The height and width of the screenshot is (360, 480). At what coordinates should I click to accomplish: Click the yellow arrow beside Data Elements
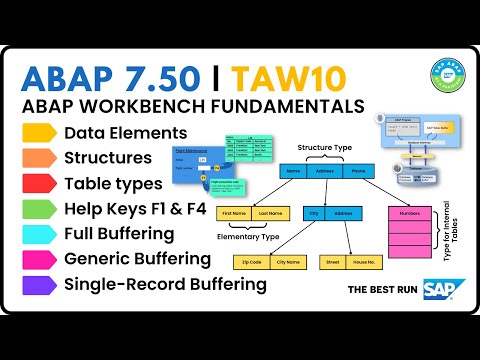click(x=38, y=131)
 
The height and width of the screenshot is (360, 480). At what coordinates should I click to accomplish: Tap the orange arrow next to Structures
click(x=38, y=157)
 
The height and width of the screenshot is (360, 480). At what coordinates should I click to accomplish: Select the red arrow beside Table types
click(x=38, y=182)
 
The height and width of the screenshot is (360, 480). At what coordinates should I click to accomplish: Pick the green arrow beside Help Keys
click(x=38, y=208)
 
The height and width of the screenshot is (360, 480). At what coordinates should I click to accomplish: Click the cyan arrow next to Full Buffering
click(x=38, y=233)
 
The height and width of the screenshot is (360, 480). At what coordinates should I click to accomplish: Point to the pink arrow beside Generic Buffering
click(x=38, y=259)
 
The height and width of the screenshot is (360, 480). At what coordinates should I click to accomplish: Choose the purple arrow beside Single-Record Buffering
click(x=38, y=284)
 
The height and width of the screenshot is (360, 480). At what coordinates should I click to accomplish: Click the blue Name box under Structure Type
click(x=293, y=171)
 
